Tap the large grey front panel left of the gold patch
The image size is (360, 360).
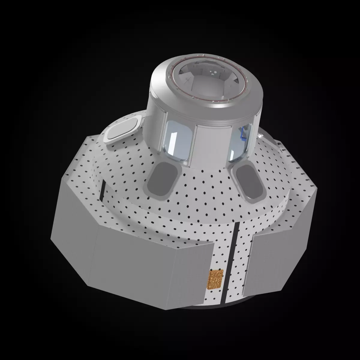pos(153,264)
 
